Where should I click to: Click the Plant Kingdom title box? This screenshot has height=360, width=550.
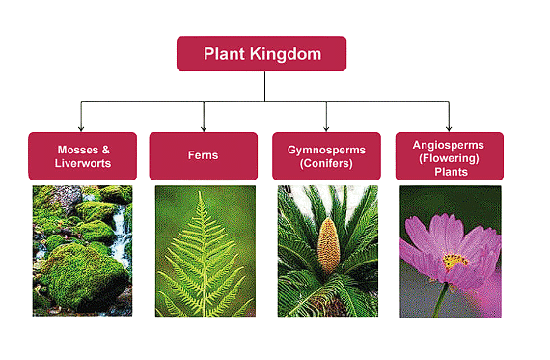click(x=261, y=54)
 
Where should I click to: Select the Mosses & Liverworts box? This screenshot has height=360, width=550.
click(x=82, y=156)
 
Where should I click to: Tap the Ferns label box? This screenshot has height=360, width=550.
click(x=204, y=156)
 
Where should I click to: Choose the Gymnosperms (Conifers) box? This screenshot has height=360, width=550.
click(x=326, y=156)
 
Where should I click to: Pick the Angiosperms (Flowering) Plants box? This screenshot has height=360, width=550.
click(x=450, y=156)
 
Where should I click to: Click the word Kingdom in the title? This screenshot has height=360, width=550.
click(x=289, y=54)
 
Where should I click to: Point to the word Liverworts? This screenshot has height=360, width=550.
click(x=82, y=164)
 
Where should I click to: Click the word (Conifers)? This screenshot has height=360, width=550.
click(x=326, y=164)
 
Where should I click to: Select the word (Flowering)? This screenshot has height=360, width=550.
click(x=450, y=156)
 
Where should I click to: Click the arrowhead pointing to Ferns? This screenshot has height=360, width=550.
click(x=204, y=127)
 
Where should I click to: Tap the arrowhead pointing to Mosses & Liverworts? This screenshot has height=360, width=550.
click(x=82, y=127)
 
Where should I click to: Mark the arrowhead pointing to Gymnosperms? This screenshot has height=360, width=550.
click(x=326, y=127)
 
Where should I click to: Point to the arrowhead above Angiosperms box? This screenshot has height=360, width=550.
click(x=450, y=127)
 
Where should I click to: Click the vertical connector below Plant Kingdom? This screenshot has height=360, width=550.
click(x=265, y=87)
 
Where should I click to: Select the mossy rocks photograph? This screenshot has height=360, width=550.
click(x=82, y=251)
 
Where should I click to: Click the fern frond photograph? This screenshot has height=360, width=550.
click(x=204, y=251)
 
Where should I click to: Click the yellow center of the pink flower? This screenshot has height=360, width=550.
click(x=454, y=261)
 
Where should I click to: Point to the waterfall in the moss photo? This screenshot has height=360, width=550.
click(x=121, y=236)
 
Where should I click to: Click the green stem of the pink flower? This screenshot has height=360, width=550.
click(x=441, y=299)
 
